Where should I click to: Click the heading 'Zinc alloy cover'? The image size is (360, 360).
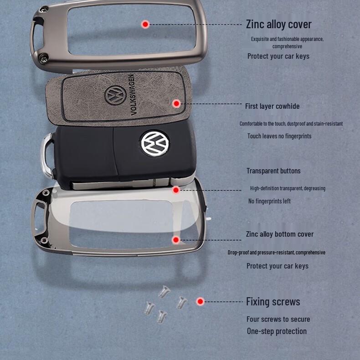click(x=278, y=24)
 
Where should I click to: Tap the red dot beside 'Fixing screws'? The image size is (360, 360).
click(x=200, y=301)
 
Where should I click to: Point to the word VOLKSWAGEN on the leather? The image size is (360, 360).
click(x=132, y=94)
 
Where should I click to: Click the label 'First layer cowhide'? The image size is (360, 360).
click(x=272, y=106)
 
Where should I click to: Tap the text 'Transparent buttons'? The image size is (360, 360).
click(x=273, y=171)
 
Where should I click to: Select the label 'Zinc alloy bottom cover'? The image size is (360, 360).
click(x=280, y=234)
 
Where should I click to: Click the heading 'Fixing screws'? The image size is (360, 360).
click(x=273, y=301)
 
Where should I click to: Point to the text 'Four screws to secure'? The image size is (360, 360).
click(x=278, y=319)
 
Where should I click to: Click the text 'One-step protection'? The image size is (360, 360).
click(x=277, y=331)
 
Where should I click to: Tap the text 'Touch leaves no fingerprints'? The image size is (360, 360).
click(x=279, y=136)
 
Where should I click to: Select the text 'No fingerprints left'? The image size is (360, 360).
click(x=269, y=201)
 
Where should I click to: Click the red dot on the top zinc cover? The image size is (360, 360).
click(x=145, y=24)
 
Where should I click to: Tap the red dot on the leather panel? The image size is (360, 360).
click(x=177, y=104)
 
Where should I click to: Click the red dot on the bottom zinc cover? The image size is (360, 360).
click(x=176, y=239)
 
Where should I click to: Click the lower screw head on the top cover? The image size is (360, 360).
click(x=44, y=57)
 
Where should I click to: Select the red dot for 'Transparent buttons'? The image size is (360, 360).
click(x=176, y=190)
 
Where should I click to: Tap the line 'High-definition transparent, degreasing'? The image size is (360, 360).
click(x=288, y=188)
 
